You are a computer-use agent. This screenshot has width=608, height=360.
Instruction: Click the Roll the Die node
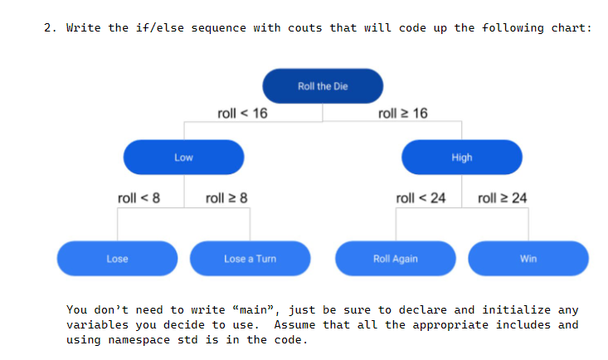[323, 86]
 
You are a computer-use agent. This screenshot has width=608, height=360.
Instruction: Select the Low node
[183, 158]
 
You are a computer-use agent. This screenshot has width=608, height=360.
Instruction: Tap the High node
[462, 158]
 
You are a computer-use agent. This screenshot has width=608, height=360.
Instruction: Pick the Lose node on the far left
[117, 259]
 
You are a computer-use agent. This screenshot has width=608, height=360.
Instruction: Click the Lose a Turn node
[250, 259]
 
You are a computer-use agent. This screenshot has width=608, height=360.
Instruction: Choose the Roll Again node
[396, 259]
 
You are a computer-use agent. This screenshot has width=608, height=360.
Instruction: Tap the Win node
[528, 259]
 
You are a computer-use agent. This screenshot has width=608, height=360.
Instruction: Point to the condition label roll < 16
[242, 114]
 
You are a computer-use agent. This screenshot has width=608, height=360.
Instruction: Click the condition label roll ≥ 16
[402, 114]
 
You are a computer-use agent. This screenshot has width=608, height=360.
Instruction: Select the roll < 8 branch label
[139, 198]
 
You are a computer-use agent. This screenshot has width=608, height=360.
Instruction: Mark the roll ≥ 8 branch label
[226, 198]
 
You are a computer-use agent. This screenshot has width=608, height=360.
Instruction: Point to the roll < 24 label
[421, 198]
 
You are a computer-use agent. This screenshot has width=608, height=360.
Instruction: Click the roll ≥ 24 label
[503, 198]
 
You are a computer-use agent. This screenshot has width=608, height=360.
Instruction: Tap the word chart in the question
[571, 28]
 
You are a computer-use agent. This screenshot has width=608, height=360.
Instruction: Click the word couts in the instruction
[305, 28]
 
